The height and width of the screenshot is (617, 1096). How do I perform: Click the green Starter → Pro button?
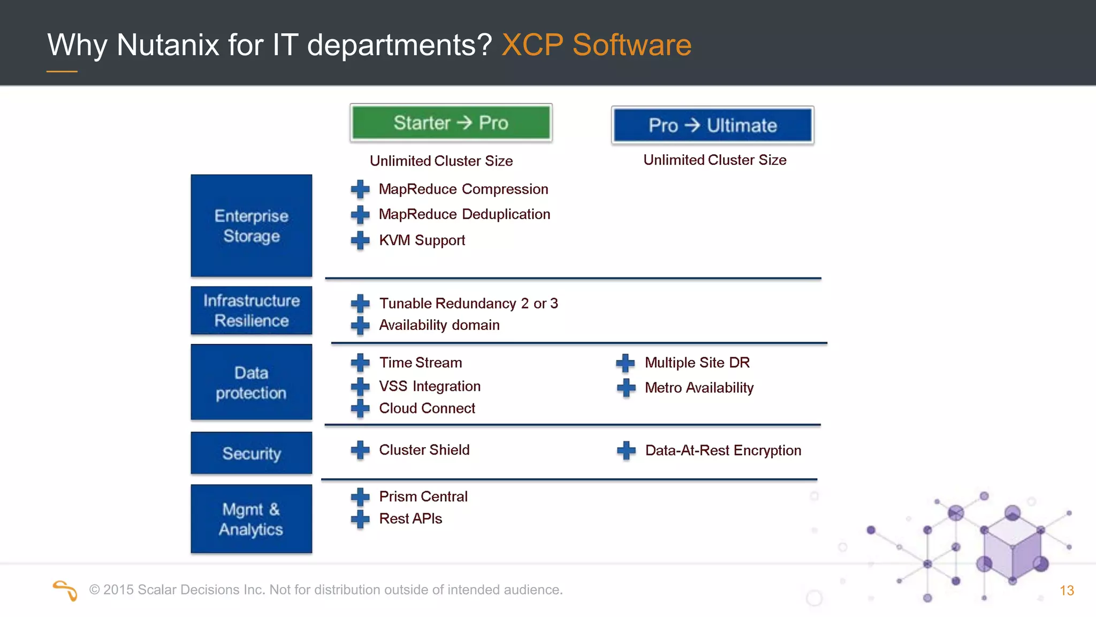451,123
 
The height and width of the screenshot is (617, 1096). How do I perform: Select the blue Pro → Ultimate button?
712,125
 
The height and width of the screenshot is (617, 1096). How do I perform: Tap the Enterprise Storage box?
251,225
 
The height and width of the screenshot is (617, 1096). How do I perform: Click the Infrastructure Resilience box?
251,310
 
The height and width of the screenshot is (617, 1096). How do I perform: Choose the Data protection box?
251,382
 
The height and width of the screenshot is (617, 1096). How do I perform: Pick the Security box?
251,453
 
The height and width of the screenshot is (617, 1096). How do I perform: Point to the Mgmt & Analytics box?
251,518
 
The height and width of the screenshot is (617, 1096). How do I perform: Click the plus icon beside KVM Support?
360,240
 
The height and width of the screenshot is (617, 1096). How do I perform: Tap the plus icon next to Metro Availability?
626,387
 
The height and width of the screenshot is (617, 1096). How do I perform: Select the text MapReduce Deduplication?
464,214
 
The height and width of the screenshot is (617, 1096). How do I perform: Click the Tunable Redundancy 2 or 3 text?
468,303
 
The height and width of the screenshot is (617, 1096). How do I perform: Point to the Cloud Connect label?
427,408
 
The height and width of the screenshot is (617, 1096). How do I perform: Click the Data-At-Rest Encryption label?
722,450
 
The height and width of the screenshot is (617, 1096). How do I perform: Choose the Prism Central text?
423,496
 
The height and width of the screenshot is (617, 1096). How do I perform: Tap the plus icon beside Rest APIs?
360,518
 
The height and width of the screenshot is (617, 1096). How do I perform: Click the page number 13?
1067,590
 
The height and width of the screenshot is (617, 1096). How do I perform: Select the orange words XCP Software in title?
596,44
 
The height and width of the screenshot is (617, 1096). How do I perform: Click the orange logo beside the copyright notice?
65,590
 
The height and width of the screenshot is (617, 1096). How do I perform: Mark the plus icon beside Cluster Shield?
360,450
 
